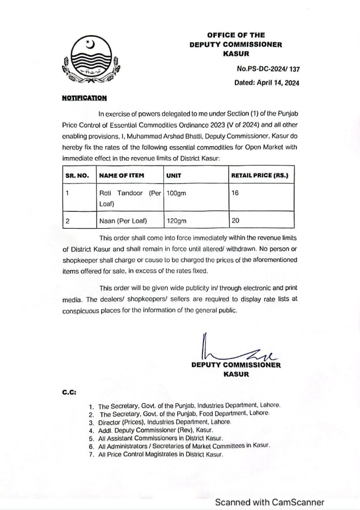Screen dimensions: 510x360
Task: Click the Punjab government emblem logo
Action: pyautogui.click(x=90, y=62)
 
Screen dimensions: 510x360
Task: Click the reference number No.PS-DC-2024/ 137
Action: pyautogui.click(x=268, y=68)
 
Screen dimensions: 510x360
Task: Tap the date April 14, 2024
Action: pyautogui.click(x=267, y=83)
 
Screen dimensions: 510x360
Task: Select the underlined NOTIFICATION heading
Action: pyautogui.click(x=84, y=98)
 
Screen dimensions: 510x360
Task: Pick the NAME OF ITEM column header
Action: pyautogui.click(x=122, y=175)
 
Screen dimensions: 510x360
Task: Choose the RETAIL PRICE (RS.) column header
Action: pyautogui.click(x=259, y=175)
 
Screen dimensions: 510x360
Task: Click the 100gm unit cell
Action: pyautogui.click(x=177, y=193)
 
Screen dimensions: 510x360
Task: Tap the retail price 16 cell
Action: pyautogui.click(x=235, y=193)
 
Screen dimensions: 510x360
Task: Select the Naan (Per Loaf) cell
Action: pyautogui.click(x=123, y=221)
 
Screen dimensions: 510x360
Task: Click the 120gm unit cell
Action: pyautogui.click(x=177, y=221)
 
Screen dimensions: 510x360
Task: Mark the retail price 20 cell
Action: pyautogui.click(x=235, y=221)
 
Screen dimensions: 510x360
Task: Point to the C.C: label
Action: pyautogui.click(x=69, y=393)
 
